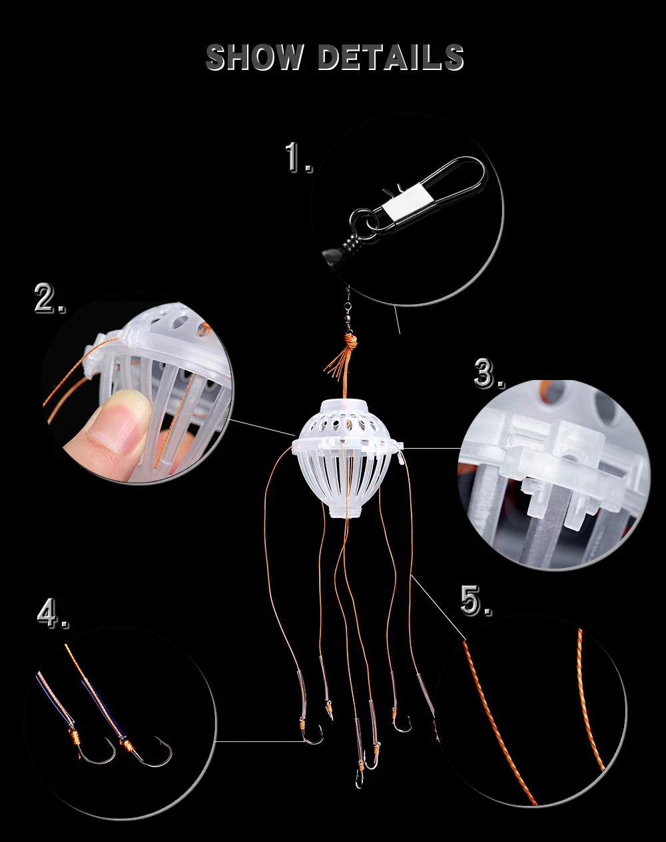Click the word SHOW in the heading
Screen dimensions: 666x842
coord(254,57)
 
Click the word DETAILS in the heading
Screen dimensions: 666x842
coord(391,57)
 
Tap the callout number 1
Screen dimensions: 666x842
coord(298,157)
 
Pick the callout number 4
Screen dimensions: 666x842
coord(53,613)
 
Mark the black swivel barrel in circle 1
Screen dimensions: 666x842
coord(354,241)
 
